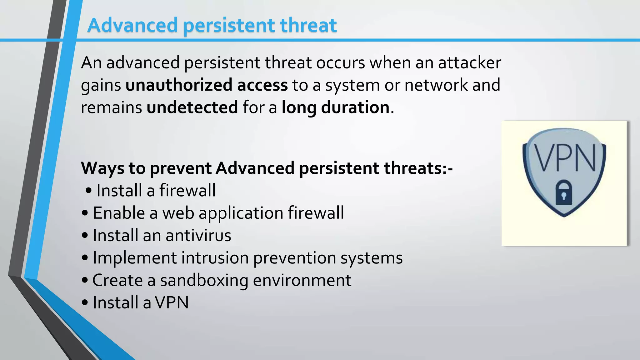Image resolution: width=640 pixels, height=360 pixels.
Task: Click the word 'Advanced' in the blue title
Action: tap(132, 25)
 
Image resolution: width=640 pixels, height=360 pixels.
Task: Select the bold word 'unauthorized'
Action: tap(178, 85)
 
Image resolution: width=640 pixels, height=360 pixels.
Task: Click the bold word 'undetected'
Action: tap(192, 107)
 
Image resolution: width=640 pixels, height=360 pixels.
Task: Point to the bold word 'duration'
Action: tap(355, 107)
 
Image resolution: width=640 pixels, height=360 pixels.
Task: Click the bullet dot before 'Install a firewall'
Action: tap(88, 190)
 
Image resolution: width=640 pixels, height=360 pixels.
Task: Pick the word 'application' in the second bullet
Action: tap(241, 213)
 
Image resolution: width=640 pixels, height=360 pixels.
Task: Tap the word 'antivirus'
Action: tap(198, 235)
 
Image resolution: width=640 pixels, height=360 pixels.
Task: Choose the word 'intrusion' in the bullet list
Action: tap(215, 258)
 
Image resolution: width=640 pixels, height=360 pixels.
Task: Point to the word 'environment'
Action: tap(302, 280)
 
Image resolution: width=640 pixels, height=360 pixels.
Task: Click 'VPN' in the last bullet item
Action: tap(172, 302)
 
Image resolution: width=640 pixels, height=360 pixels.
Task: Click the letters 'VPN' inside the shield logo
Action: tap(564, 158)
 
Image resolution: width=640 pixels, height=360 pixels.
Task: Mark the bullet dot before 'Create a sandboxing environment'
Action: tap(85, 280)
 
